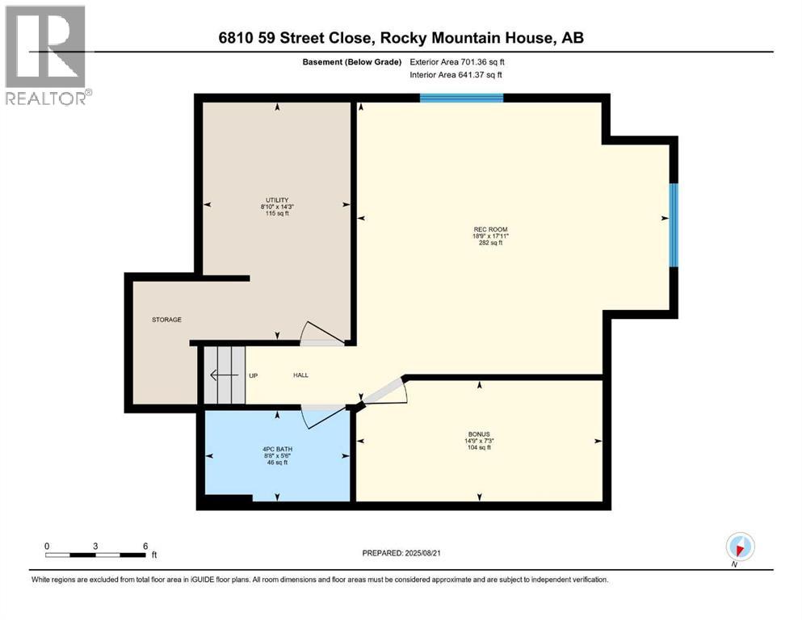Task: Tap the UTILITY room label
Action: (x=277, y=200)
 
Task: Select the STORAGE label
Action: (x=166, y=320)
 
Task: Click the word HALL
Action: (x=300, y=375)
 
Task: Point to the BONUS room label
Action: (x=484, y=434)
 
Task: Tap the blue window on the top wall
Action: (x=461, y=98)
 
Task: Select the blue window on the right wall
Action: (x=674, y=225)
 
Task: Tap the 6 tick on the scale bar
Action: (x=145, y=547)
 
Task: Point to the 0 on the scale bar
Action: (x=47, y=547)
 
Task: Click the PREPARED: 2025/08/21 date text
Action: (x=401, y=553)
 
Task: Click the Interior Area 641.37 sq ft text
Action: (x=457, y=75)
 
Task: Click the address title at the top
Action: (x=401, y=37)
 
